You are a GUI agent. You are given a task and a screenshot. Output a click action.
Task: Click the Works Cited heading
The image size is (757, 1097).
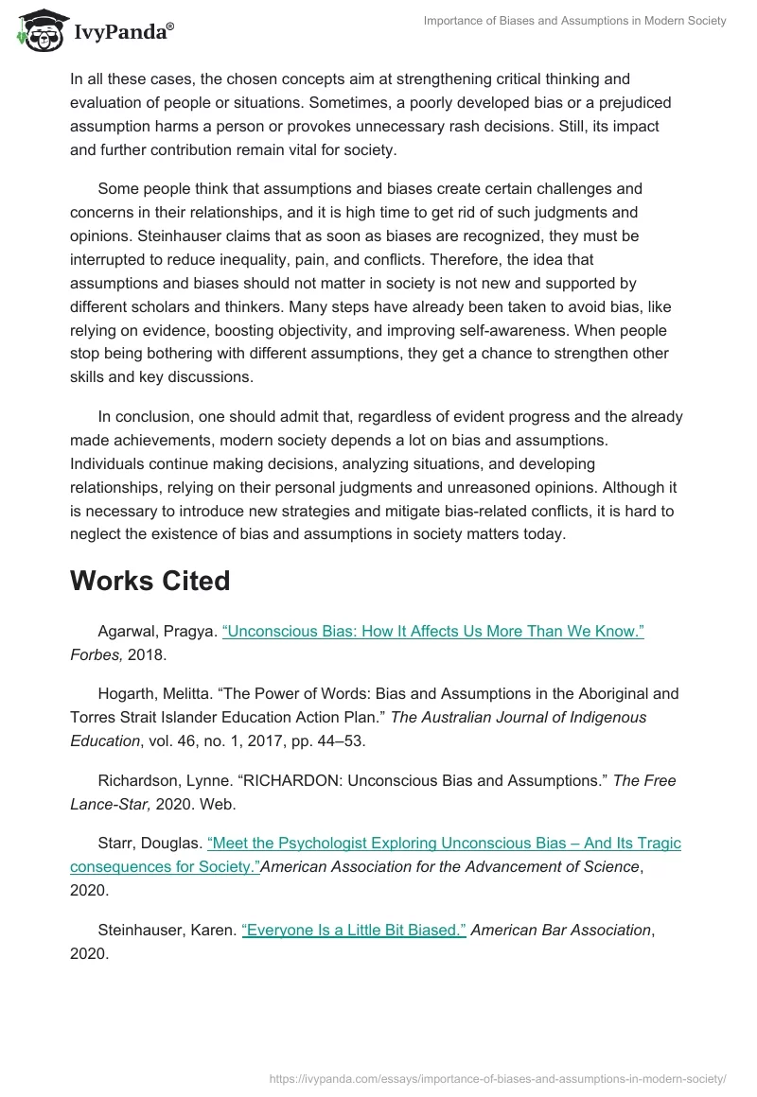(150, 580)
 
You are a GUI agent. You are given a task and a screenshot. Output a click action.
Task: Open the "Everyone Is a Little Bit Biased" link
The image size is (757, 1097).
(354, 930)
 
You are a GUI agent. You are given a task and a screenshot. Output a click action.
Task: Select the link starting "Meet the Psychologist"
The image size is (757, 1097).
(444, 843)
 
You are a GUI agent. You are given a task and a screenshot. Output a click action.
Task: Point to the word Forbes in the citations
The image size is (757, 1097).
(96, 655)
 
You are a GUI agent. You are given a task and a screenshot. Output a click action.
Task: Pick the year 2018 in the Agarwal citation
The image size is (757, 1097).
(147, 655)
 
